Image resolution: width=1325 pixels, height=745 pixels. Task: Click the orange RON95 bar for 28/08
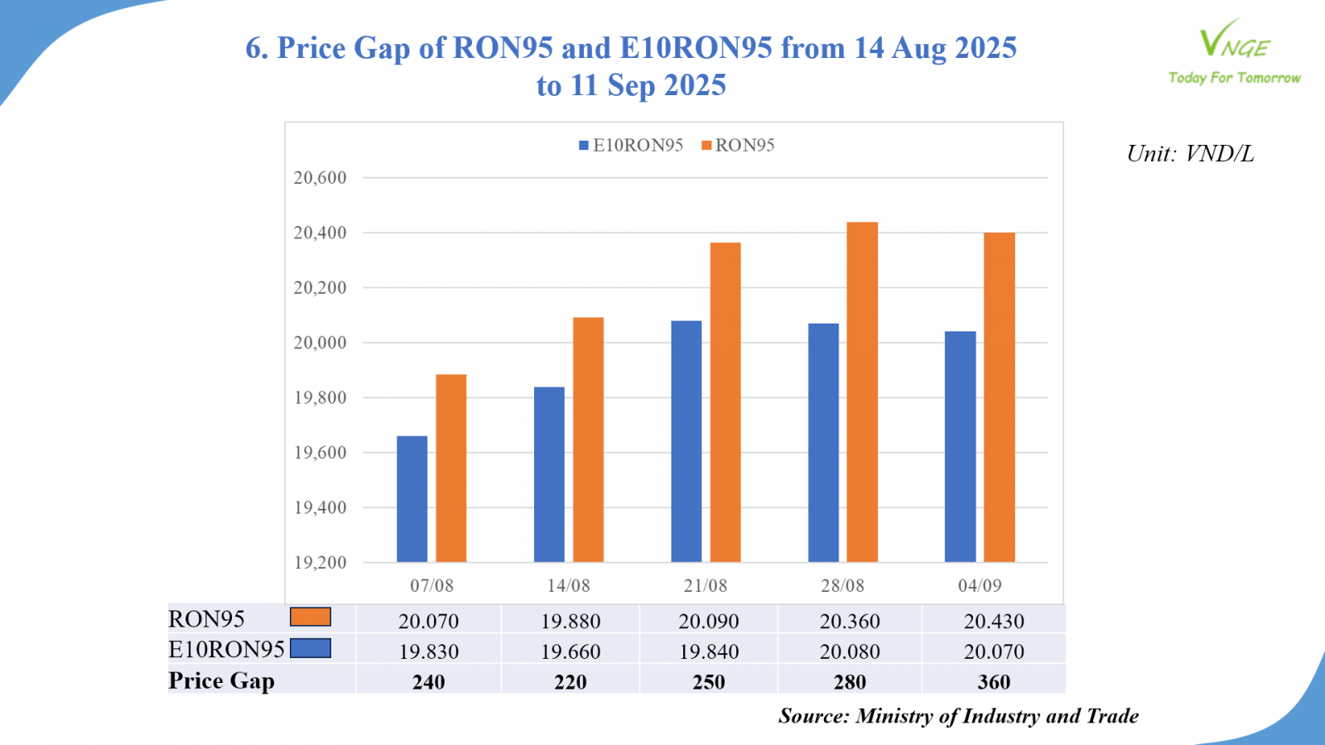[862, 392]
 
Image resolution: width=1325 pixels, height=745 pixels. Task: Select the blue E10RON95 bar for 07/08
[412, 499]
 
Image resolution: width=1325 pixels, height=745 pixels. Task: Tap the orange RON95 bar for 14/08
[588, 440]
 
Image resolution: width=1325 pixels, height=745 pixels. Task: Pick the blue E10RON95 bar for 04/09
[960, 447]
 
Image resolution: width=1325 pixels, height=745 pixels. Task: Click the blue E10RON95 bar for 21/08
[687, 441]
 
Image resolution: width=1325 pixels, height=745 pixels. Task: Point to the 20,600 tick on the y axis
[320, 178]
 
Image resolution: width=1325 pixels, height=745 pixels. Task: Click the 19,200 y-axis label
[320, 563]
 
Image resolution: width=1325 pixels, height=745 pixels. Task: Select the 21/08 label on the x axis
[706, 586]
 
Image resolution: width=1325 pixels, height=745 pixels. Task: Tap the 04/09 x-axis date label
[980, 586]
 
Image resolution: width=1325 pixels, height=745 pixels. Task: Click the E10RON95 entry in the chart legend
[631, 146]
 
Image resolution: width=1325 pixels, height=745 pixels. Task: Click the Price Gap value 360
[994, 682]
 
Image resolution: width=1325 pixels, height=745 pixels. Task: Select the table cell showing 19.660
[571, 651]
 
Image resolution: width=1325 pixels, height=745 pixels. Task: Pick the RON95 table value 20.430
[994, 621]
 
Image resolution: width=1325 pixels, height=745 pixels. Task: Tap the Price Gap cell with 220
[571, 682]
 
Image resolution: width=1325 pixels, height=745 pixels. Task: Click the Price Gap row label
[221, 681]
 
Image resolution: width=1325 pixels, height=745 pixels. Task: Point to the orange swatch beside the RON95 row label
[311, 618]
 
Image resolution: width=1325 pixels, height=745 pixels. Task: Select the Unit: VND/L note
[1190, 154]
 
